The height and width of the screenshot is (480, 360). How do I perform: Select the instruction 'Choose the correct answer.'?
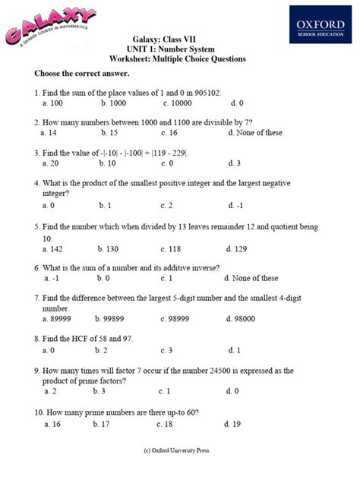click(81, 75)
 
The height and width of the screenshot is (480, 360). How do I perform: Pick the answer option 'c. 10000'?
click(177, 103)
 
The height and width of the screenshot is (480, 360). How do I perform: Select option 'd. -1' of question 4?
click(237, 205)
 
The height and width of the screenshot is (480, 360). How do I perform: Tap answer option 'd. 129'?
click(238, 248)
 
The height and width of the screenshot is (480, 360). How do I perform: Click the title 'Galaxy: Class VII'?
click(180, 39)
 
